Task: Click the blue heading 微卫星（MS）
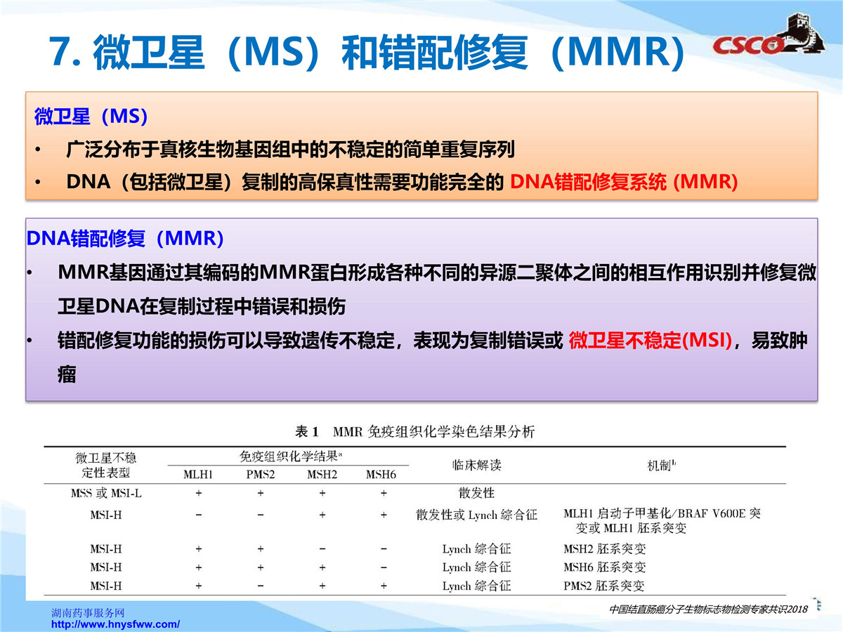tap(91, 117)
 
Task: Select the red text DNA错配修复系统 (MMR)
tap(624, 182)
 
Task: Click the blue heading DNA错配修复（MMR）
tap(125, 238)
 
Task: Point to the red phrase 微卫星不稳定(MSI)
tap(651, 340)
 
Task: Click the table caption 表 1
tap(307, 432)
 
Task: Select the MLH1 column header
tap(198, 475)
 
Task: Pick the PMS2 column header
tap(261, 475)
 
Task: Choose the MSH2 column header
tap(322, 475)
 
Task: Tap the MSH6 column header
tap(381, 475)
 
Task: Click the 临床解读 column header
tap(476, 465)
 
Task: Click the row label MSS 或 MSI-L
tap(106, 493)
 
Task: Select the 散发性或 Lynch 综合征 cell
tap(476, 515)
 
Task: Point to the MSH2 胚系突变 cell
tap(605, 548)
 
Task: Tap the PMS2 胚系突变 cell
tap(603, 586)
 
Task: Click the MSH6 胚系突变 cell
tap(605, 567)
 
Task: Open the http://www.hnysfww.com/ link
tap(115, 624)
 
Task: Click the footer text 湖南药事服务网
tap(88, 613)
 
